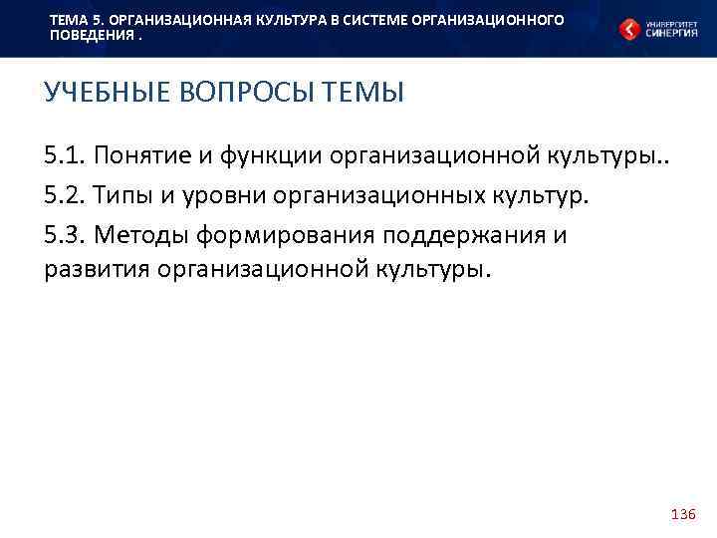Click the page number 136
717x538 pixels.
683,514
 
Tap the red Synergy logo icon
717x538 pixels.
628,30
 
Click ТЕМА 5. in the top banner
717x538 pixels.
72,20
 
